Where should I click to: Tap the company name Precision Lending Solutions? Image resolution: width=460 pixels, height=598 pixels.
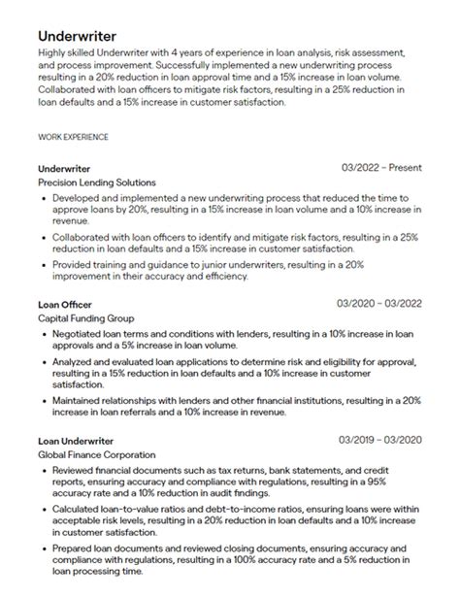[96, 182]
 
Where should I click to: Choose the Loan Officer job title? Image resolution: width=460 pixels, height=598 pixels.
[64, 304]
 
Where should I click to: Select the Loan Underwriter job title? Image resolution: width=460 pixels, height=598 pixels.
[76, 441]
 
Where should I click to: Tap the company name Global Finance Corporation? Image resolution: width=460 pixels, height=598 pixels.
[96, 455]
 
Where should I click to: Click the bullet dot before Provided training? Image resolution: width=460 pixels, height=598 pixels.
[44, 263]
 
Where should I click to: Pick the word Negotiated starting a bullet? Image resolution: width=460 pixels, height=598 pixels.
[78, 333]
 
